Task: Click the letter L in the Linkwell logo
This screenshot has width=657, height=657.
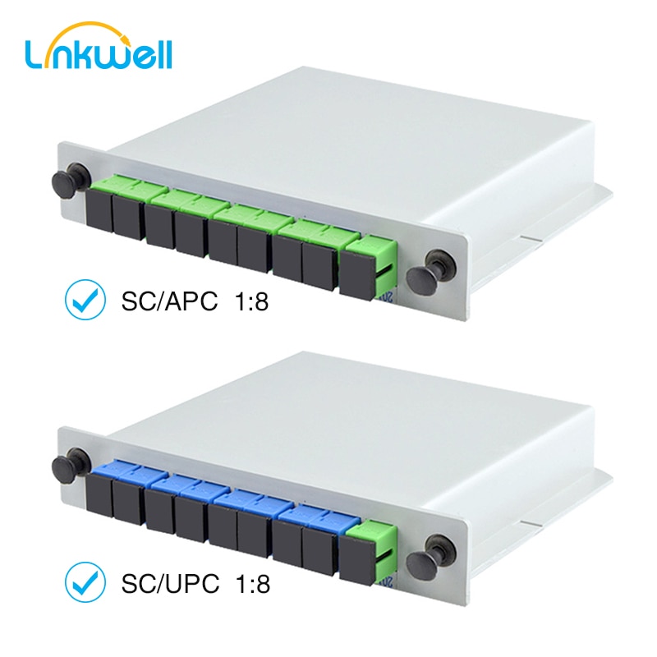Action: point(35,54)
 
